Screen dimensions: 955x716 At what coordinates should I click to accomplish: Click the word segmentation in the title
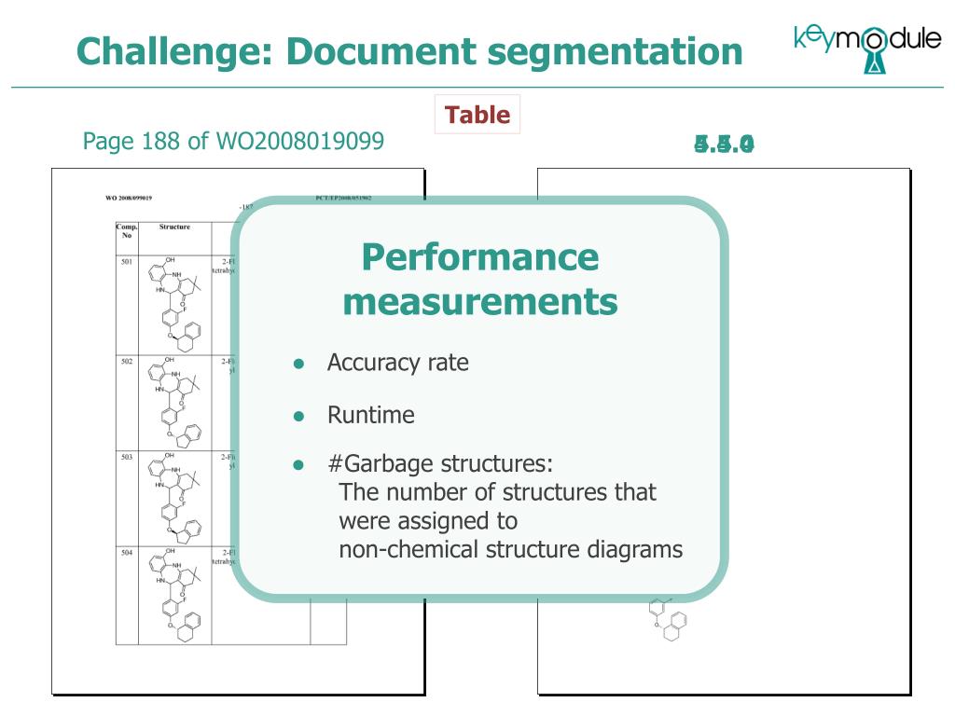pos(616,50)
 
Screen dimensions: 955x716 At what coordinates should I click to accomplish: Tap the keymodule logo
pos(866,47)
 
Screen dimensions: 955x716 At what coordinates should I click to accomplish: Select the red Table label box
pos(477,115)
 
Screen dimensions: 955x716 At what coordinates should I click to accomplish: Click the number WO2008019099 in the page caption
pos(299,141)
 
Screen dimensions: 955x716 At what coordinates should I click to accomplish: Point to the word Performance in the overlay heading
pos(480,256)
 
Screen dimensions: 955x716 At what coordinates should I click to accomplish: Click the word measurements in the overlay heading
pos(480,302)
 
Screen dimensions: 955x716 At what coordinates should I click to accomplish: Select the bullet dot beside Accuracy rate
pos(298,364)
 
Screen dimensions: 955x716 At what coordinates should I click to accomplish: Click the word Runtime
pos(370,415)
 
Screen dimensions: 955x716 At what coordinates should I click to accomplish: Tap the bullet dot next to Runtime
pos(298,416)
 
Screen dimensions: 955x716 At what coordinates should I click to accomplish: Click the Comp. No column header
pos(127,230)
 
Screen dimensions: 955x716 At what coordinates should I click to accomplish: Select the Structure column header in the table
pos(174,227)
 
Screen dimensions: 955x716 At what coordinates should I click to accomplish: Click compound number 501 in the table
pos(127,262)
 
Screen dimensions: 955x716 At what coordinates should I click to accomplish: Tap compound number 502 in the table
pos(127,361)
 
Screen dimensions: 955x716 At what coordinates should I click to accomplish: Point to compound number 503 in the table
pos(127,458)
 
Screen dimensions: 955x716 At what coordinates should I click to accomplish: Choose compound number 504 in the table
pos(127,553)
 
